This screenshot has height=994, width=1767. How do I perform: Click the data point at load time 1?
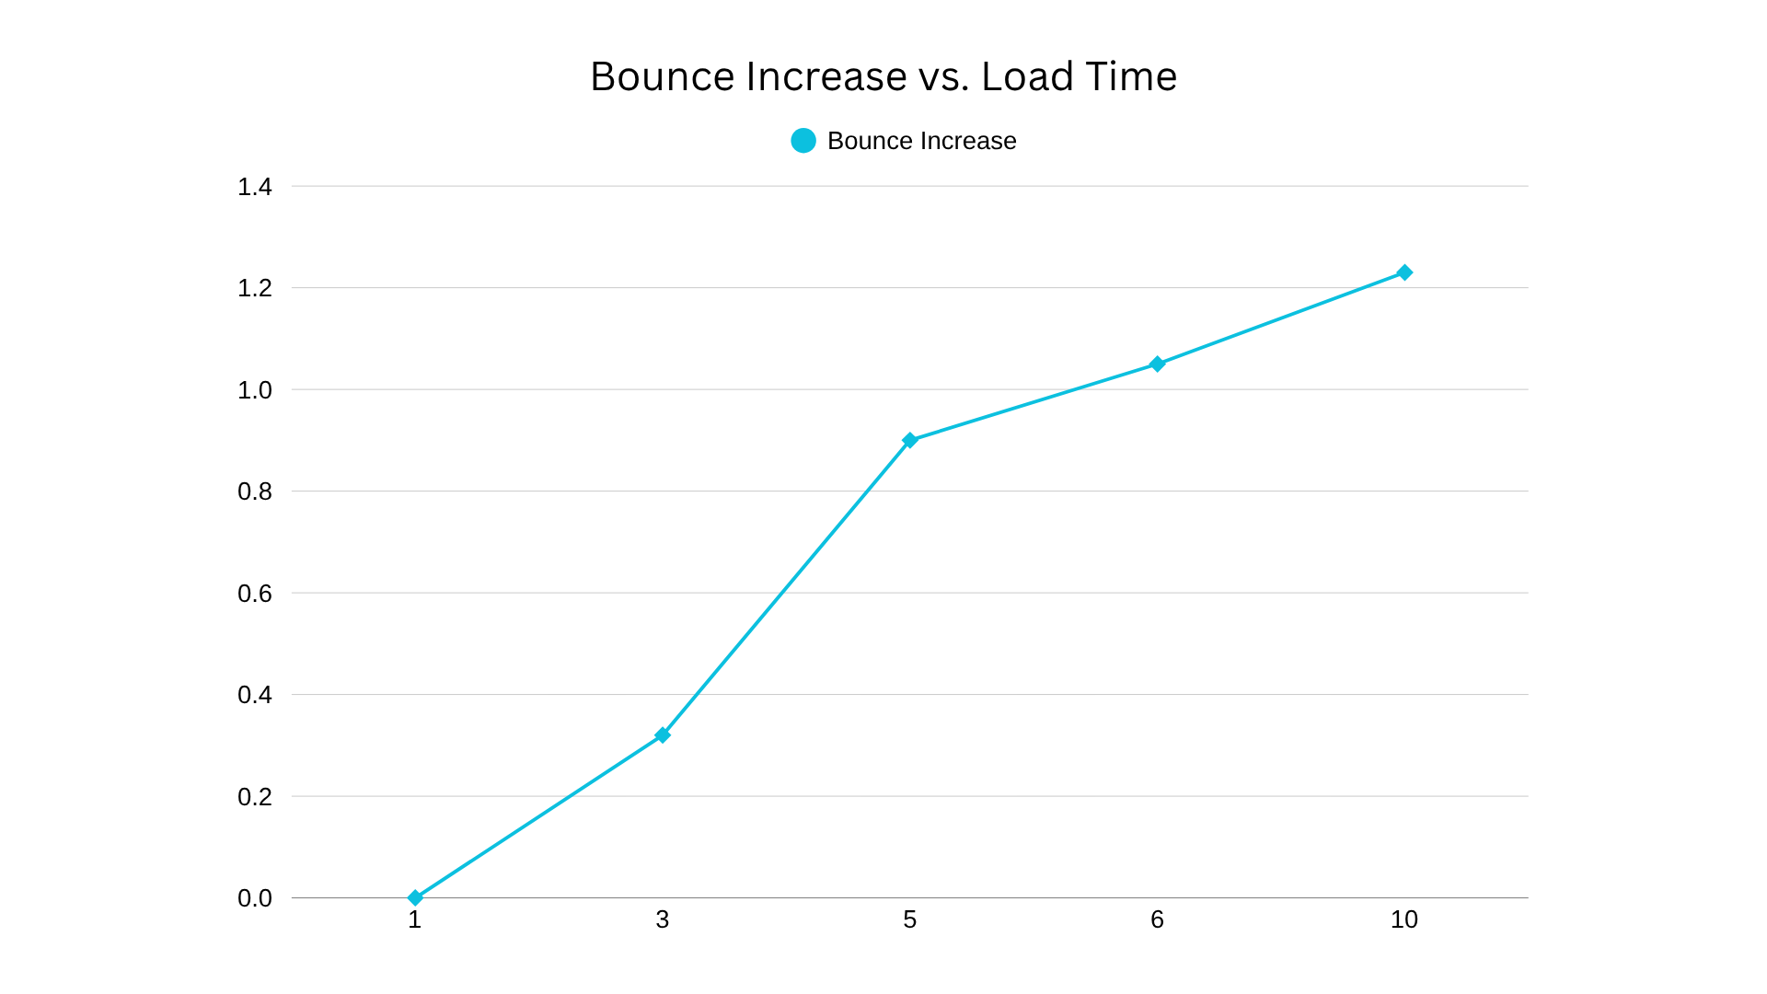point(415,897)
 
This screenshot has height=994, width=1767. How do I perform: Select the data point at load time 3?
point(663,735)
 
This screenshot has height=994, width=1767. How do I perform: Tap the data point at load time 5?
point(910,440)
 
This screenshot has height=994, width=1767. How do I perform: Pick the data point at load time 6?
point(1158,364)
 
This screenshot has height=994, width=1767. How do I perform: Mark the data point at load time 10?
point(1404,272)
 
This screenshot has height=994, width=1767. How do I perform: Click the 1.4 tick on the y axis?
point(255,187)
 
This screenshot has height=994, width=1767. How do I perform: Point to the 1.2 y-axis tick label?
point(255,288)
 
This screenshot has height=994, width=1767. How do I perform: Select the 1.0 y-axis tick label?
point(255,390)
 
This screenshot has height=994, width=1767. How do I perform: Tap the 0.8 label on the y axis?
point(255,491)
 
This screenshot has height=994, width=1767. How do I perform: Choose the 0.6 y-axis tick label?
point(255,594)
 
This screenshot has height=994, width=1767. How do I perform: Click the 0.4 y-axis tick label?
point(255,695)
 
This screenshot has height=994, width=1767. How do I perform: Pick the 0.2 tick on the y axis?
point(255,797)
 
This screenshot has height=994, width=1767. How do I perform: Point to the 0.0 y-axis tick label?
point(255,898)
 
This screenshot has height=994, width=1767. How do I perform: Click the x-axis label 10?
point(1404,919)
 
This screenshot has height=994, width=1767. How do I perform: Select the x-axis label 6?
point(1158,919)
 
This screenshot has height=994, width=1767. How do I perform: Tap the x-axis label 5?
point(910,919)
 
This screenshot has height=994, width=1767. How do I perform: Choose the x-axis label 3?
point(663,919)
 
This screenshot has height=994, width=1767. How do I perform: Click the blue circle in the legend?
point(803,141)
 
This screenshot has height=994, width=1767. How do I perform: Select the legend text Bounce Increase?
point(921,141)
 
